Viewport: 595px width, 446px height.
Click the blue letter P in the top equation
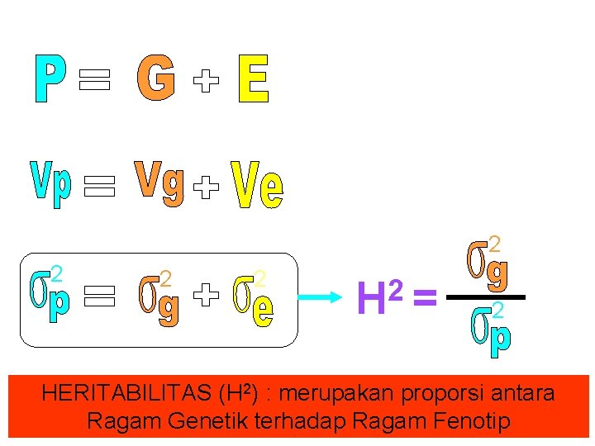[x=51, y=79]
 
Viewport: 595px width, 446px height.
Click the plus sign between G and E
[x=207, y=80]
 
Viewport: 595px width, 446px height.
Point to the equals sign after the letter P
[x=94, y=80]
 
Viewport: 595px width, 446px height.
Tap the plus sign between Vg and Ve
[x=206, y=190]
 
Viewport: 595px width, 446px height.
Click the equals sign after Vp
[x=98, y=187]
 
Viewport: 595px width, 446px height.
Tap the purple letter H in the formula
[x=372, y=299]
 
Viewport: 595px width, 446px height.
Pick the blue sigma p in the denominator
[x=491, y=330]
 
